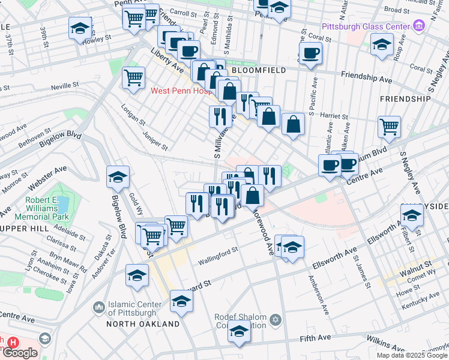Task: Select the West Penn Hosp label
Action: click(x=181, y=91)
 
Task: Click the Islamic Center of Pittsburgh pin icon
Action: click(x=99, y=308)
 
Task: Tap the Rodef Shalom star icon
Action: click(x=275, y=319)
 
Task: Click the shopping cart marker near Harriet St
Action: click(x=389, y=127)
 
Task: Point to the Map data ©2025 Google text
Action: click(x=411, y=355)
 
